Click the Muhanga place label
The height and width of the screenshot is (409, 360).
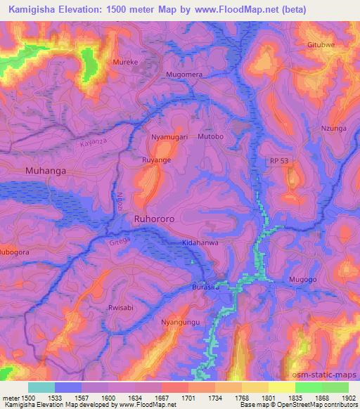pos(45,170)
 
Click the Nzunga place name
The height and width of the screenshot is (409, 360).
pos(334,129)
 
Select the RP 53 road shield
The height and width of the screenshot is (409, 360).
pos(278,162)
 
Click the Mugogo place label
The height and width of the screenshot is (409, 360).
pos(303,280)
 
